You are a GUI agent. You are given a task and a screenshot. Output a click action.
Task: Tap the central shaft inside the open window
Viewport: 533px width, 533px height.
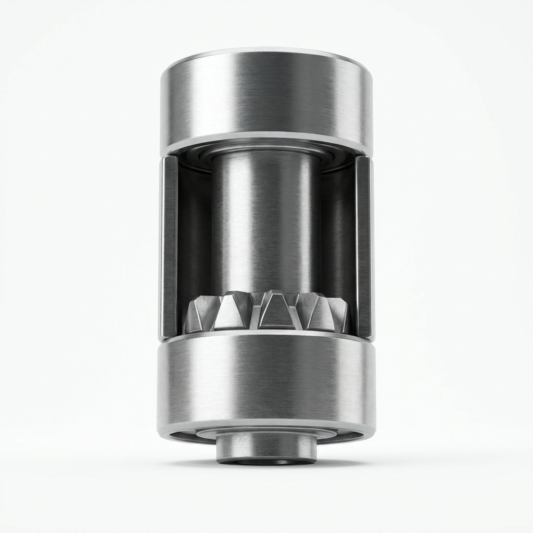tap(265, 224)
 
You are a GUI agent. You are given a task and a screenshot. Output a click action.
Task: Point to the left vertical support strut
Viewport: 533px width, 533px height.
tap(169, 245)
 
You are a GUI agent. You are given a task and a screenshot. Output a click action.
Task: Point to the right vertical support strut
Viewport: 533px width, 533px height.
tap(363, 245)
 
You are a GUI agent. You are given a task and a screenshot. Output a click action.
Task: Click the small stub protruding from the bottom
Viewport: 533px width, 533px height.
tap(266, 448)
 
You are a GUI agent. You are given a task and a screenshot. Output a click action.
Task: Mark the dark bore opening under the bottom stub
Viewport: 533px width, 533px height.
tap(266, 462)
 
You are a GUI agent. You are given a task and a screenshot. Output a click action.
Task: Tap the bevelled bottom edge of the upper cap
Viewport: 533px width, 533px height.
tap(266, 141)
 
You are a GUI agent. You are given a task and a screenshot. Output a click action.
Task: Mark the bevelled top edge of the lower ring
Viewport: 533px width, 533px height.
tap(266, 336)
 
